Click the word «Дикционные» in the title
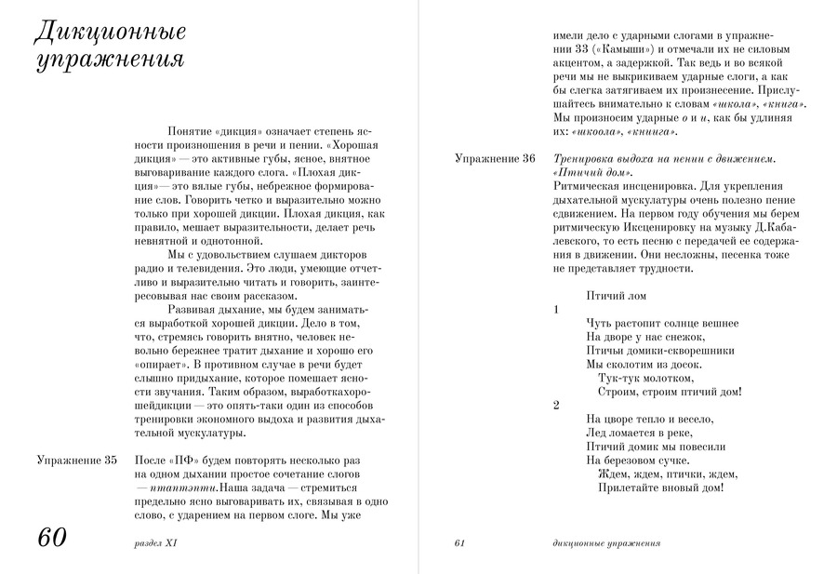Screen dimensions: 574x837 point(109,32)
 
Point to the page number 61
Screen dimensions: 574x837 point(459,543)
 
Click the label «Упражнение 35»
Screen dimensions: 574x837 point(76,460)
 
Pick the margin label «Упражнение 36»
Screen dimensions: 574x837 point(494,159)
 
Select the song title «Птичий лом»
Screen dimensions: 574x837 point(618,295)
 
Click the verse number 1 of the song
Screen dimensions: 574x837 point(555,309)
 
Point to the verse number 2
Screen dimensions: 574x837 point(555,405)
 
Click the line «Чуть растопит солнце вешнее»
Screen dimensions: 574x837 point(662,323)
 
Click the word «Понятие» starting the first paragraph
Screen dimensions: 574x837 point(191,132)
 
